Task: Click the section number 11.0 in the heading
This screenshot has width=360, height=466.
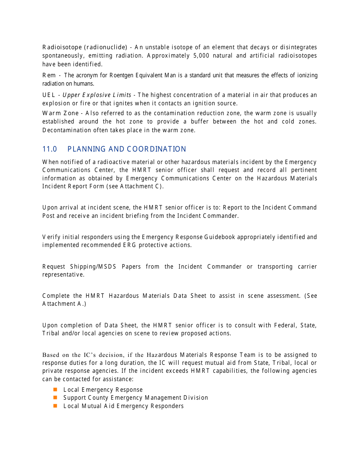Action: [x=50, y=149]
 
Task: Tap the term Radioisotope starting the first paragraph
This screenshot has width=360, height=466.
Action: [x=62, y=47]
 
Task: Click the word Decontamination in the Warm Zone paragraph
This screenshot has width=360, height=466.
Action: [x=67, y=130]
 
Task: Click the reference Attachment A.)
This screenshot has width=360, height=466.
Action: [x=64, y=304]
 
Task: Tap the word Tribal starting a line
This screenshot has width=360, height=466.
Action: [x=50, y=333]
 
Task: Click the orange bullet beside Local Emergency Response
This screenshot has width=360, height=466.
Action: [x=55, y=389]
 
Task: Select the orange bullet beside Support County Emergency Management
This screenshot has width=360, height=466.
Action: [x=55, y=397]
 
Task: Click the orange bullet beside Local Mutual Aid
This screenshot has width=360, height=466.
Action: [x=55, y=406]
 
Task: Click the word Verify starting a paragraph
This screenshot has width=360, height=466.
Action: [x=50, y=237]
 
